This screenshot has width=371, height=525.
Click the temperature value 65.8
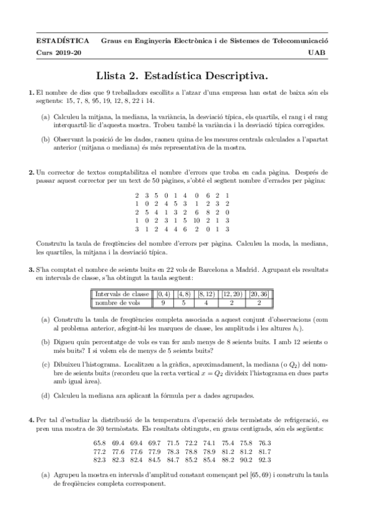pos(100,443)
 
